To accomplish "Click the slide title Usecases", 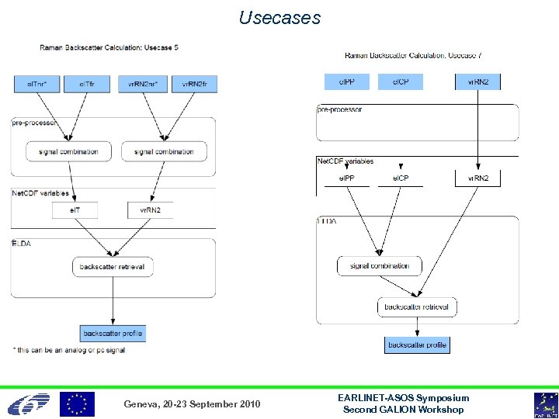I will (279, 18).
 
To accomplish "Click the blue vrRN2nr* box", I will (142, 83).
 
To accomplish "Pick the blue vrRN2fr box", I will (194, 83).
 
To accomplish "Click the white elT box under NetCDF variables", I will (75, 209).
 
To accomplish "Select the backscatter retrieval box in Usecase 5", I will (112, 266).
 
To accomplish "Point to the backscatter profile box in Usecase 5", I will (113, 334).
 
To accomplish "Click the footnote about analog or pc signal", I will (69, 350).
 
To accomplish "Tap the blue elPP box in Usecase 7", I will (347, 81).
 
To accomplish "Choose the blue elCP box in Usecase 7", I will (401, 81).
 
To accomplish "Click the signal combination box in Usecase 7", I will (379, 266).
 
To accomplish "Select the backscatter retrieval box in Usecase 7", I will (416, 307).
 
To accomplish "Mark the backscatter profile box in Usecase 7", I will (417, 345).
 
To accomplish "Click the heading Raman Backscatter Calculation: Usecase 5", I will (109, 47).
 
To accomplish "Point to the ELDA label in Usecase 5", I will (21, 243).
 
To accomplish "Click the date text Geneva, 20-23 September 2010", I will (193, 404).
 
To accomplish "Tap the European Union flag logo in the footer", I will (78, 404).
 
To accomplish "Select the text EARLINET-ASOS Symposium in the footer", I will (404, 398).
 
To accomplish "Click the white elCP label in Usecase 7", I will (401, 178).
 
